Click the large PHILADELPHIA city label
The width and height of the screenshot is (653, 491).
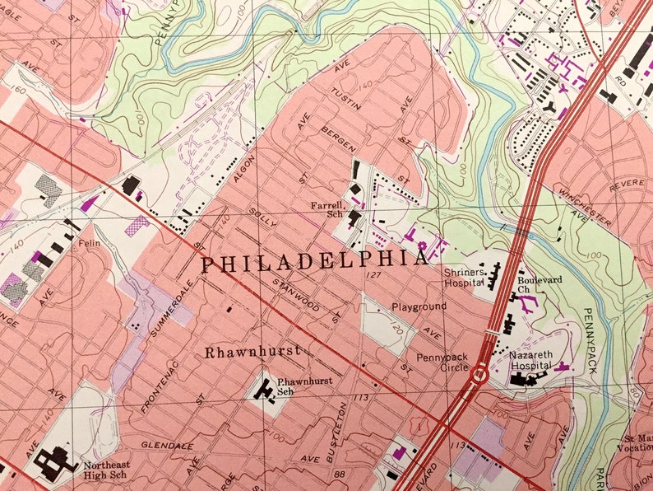click(314, 262)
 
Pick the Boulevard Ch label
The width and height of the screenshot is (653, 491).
click(540, 284)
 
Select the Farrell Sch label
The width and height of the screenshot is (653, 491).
click(326, 209)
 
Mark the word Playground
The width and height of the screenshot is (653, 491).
click(419, 306)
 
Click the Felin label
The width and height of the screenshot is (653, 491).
click(88, 244)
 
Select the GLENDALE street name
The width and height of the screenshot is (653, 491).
click(167, 446)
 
